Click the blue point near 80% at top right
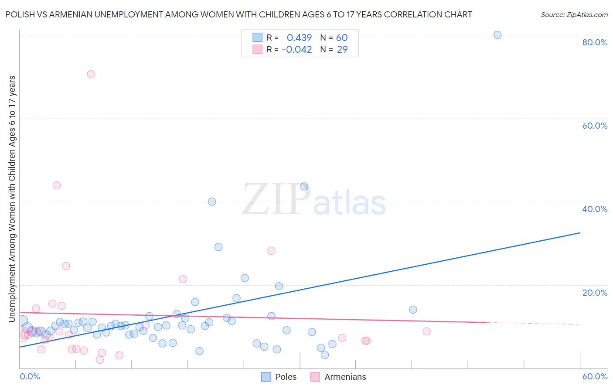click(x=497, y=35)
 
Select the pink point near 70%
click(x=91, y=74)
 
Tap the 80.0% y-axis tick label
click(x=595, y=42)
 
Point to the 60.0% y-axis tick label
click(x=595, y=126)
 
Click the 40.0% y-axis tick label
click(x=595, y=209)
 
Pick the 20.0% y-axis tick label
click(x=595, y=293)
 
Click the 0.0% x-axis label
click(x=30, y=376)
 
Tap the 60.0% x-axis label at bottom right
click(x=595, y=376)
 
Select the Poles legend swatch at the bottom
click(x=266, y=377)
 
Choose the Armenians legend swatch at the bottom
click(x=315, y=377)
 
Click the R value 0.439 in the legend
click(x=299, y=38)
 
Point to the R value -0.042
click(x=297, y=50)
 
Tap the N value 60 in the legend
click(x=342, y=38)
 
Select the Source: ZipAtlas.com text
click(x=574, y=14)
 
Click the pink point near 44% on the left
click(x=57, y=185)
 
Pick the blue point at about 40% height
click(x=212, y=201)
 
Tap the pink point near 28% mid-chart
click(x=271, y=251)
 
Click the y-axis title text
click(x=12, y=199)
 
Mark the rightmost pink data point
click(x=426, y=331)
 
